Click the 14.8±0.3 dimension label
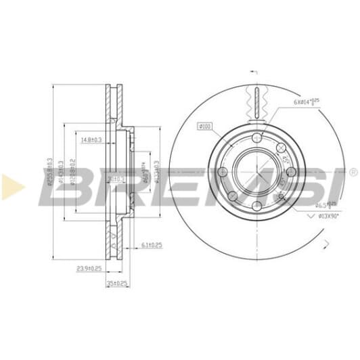point(91,140)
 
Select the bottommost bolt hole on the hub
point(255,206)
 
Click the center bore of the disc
point(255,173)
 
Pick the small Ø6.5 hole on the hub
point(280,196)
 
